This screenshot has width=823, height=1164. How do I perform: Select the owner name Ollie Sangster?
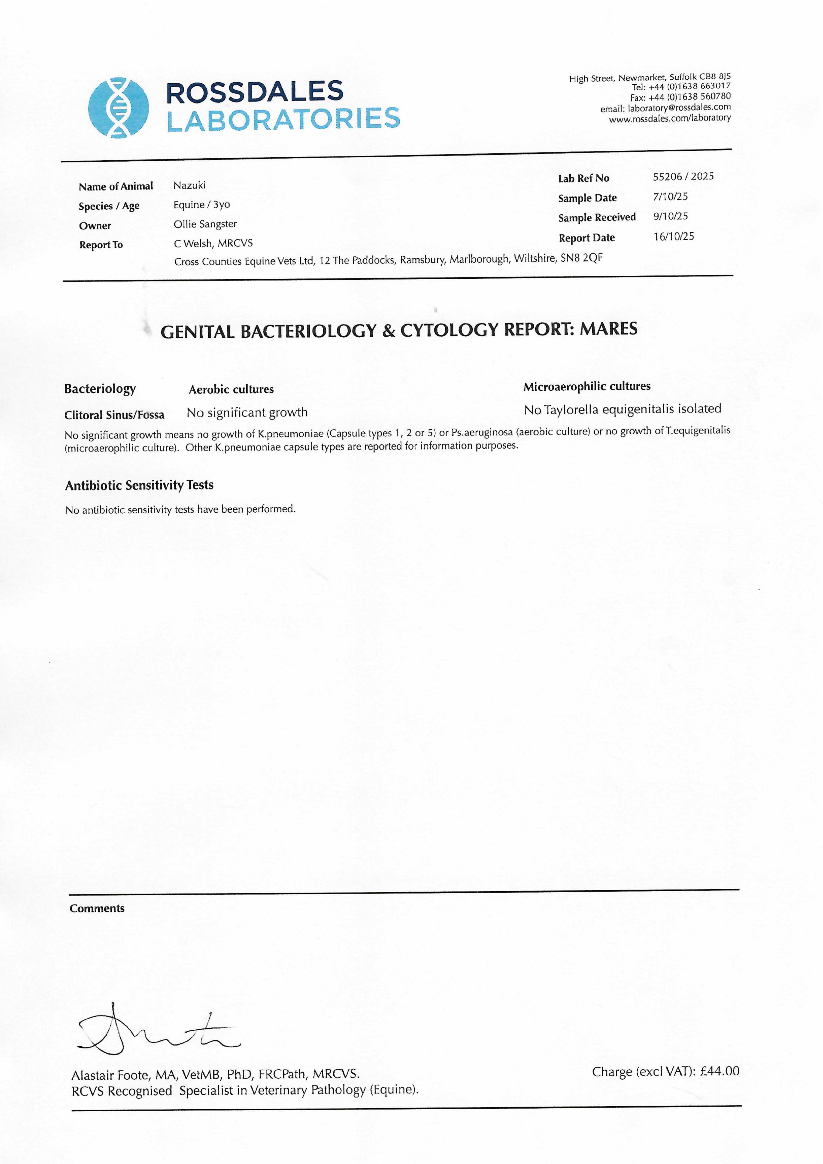click(205, 224)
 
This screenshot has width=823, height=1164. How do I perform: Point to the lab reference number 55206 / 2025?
click(683, 176)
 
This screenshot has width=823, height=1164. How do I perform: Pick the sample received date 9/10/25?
click(670, 217)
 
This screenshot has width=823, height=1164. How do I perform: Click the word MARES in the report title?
click(609, 329)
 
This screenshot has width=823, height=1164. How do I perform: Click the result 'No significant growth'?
click(247, 413)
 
